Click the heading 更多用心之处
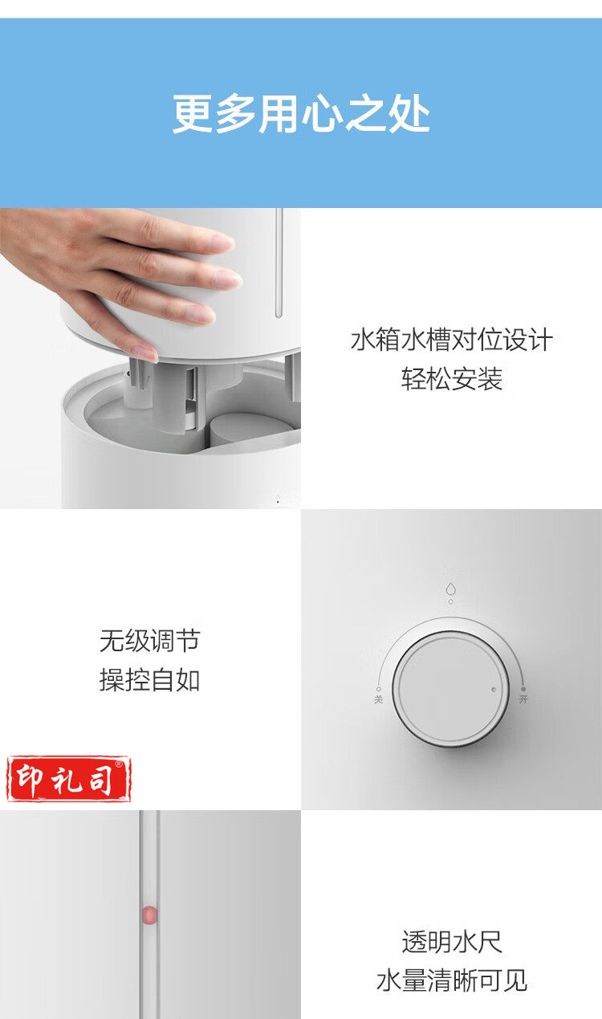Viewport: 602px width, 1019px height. pos(301,114)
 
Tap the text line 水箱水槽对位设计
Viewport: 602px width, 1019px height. pos(451,340)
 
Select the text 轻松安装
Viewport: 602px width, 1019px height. pos(451,379)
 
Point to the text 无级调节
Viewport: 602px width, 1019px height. pos(149,641)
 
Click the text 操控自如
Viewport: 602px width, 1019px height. pos(149,680)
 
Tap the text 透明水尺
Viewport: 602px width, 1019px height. pos(451,941)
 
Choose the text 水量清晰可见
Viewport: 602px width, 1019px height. pos(451,980)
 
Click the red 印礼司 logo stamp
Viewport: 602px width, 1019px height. pos(69,779)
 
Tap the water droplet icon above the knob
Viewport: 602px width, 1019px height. pos(450,589)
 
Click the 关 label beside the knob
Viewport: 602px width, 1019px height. pos(379,699)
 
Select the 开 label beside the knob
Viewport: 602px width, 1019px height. pos(524,699)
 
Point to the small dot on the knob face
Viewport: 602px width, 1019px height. pos(494,690)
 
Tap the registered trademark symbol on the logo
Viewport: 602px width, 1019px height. pos(119,764)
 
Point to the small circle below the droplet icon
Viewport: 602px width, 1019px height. pos(450,601)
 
